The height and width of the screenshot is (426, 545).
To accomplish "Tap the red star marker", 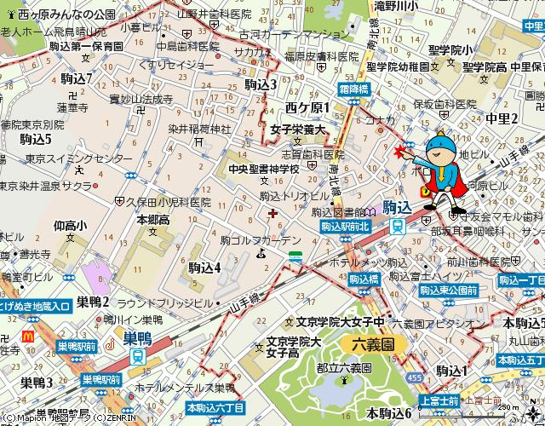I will click(400, 152).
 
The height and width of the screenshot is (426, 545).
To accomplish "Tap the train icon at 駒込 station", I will click(398, 225).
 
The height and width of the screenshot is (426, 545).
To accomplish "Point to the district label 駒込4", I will click(204, 268).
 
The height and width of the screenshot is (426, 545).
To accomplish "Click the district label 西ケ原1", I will click(307, 107).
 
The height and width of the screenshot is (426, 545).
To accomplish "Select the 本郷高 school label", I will click(153, 219).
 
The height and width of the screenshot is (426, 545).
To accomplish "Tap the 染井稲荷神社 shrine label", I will click(199, 130).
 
